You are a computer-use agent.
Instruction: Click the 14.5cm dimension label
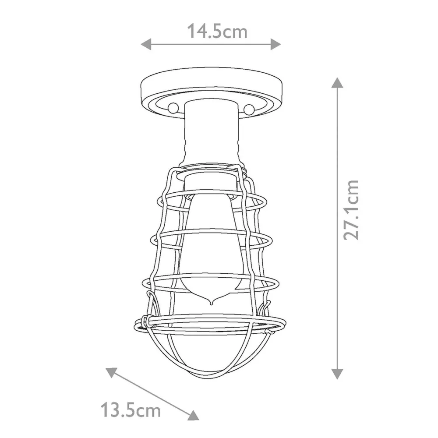217,31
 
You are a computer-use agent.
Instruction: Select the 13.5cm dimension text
131,410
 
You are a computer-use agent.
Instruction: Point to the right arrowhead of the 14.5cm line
276,44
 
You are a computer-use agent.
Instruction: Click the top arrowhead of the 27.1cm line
336,82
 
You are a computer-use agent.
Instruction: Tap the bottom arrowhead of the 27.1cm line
336,373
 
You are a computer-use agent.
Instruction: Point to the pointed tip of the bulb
211,303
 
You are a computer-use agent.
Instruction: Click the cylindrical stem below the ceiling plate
211,131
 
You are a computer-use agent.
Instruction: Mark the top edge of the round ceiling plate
211,68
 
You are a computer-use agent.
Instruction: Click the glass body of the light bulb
211,245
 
